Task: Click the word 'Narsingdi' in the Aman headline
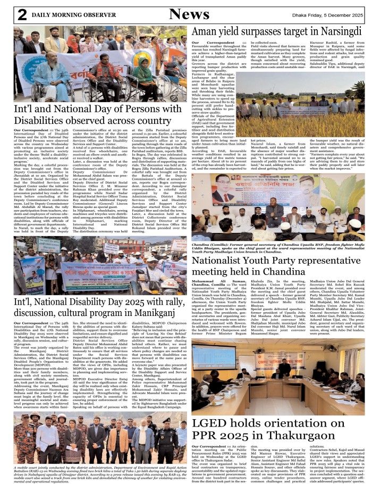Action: (338, 31)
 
